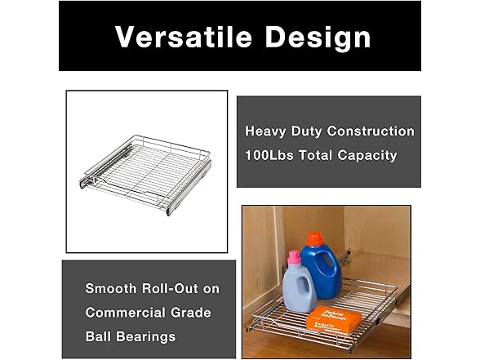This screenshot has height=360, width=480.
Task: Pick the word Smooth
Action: (111, 289)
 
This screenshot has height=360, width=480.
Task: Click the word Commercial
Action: (125, 313)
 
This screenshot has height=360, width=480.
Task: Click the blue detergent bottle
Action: (322, 269)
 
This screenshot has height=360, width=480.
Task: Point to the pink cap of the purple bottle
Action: (294, 256)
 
